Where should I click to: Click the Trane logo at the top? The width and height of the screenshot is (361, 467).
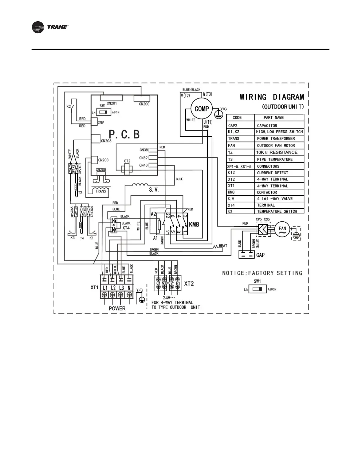pyautogui.click(x=50, y=27)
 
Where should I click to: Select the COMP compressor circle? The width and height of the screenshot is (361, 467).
pyautogui.click(x=202, y=109)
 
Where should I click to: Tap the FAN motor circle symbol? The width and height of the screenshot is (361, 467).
pyautogui.click(x=282, y=230)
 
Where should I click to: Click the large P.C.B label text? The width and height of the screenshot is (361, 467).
pyautogui.click(x=124, y=134)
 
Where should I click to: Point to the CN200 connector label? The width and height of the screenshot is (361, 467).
pyautogui.click(x=144, y=104)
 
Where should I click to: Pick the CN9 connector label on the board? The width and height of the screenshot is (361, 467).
pyautogui.click(x=101, y=122)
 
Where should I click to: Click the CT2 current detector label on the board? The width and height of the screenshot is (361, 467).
pyautogui.click(x=127, y=161)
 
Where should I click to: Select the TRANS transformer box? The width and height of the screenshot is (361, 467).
pyautogui.click(x=101, y=191)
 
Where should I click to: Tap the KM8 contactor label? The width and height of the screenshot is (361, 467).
pyautogui.click(x=194, y=225)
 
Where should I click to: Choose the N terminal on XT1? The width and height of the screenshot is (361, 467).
pyautogui.click(x=129, y=288)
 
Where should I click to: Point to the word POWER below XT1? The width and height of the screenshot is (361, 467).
pyautogui.click(x=117, y=308)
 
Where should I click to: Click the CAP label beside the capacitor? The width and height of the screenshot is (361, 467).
pyautogui.click(x=260, y=255)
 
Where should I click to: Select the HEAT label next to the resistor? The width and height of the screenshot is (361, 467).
pyautogui.click(x=223, y=246)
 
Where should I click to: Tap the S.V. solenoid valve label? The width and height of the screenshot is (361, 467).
pyautogui.click(x=154, y=190)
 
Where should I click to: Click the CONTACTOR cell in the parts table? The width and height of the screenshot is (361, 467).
pyautogui.click(x=267, y=192)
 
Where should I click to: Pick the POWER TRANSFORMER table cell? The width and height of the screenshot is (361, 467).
pyautogui.click(x=276, y=139)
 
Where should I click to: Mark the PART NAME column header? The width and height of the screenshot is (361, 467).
pyautogui.click(x=273, y=118)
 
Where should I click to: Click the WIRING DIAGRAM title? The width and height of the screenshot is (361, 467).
pyautogui.click(x=271, y=97)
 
